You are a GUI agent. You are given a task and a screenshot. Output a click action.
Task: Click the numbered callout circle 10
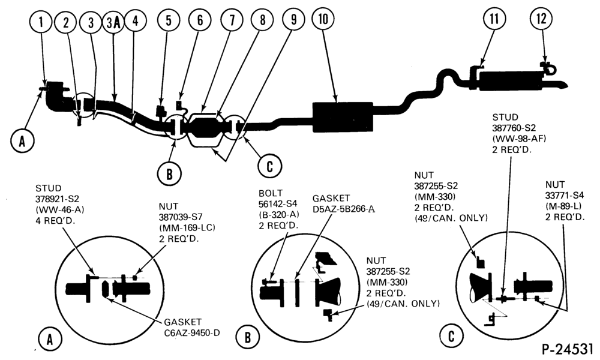(323, 19)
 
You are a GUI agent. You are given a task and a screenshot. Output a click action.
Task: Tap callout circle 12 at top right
(541, 19)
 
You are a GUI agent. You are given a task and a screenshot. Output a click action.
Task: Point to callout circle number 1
(41, 22)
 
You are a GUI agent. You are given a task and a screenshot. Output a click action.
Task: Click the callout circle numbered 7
(232, 20)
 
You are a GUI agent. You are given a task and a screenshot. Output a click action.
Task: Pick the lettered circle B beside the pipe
(169, 173)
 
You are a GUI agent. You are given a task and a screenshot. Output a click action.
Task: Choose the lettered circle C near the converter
(270, 166)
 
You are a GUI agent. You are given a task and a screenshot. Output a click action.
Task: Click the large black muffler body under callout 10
(343, 117)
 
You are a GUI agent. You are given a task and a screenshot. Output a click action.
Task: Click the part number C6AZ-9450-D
(192, 333)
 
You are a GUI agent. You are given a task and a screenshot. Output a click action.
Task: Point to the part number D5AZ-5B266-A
(344, 209)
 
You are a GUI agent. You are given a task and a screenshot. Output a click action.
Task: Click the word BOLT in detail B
(271, 193)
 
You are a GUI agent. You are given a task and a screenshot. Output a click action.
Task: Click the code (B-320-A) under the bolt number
(279, 215)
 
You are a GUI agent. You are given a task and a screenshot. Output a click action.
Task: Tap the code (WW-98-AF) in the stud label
(519, 139)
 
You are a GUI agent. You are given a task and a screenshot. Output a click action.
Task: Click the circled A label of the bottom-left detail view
(50, 339)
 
